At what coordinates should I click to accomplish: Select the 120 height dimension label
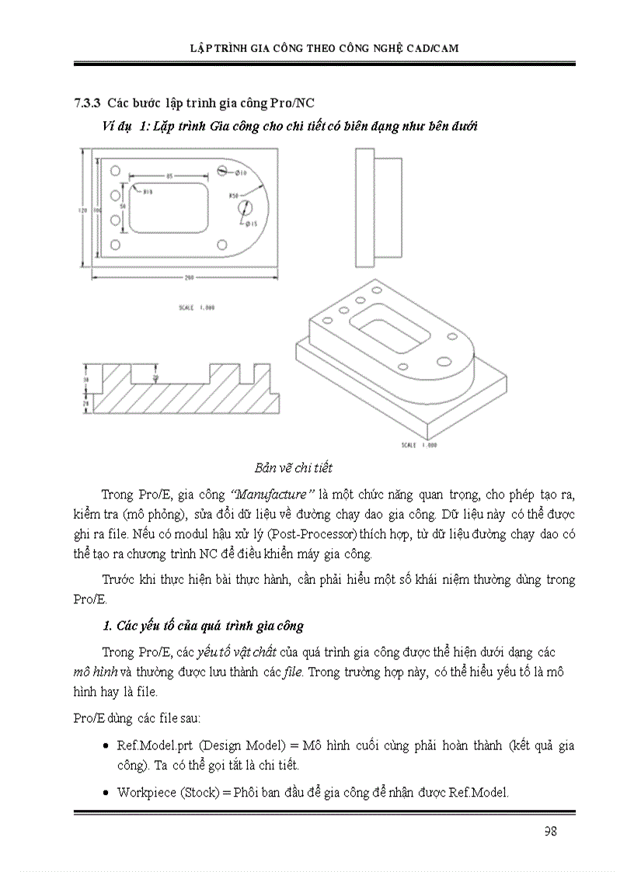click(82, 210)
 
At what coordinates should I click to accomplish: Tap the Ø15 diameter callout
click(251, 224)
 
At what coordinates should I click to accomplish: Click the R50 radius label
click(232, 196)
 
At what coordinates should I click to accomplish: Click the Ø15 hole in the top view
click(247, 208)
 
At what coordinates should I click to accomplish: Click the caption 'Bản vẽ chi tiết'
click(293, 467)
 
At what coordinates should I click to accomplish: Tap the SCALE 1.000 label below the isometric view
click(419, 446)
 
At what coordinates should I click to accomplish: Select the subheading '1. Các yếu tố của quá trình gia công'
click(203, 625)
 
